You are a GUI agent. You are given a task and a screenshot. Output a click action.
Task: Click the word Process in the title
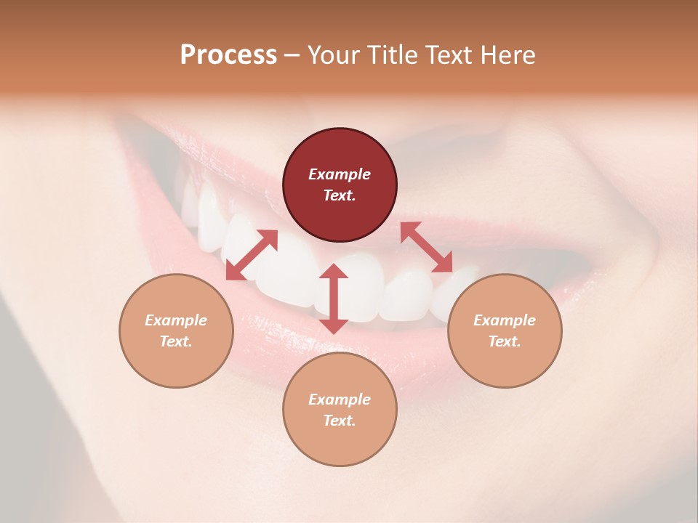pyautogui.click(x=228, y=55)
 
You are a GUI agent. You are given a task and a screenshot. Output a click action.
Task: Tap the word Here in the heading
pyautogui.click(x=507, y=55)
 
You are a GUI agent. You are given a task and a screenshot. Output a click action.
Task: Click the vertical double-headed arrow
pyautogui.click(x=334, y=299)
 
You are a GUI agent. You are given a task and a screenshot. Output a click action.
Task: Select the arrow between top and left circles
pyautogui.click(x=252, y=255)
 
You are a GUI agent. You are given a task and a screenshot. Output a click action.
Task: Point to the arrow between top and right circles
pyautogui.click(x=426, y=247)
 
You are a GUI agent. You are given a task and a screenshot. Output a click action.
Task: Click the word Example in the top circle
pyautogui.click(x=340, y=174)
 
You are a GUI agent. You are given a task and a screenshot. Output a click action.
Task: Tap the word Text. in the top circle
pyautogui.click(x=340, y=195)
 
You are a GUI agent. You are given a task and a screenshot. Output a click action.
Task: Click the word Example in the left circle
pyautogui.click(x=176, y=320)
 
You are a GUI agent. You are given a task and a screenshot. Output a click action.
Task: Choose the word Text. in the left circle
pyautogui.click(x=176, y=341)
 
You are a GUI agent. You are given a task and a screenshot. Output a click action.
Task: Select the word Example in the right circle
pyautogui.click(x=505, y=320)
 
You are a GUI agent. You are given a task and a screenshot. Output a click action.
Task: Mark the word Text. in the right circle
pyautogui.click(x=505, y=341)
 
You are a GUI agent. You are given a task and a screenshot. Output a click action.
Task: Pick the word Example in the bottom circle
pyautogui.click(x=340, y=400)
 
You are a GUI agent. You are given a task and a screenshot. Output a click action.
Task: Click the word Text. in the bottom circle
pyautogui.click(x=340, y=421)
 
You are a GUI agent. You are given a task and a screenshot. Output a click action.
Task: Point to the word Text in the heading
pyautogui.click(x=449, y=55)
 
